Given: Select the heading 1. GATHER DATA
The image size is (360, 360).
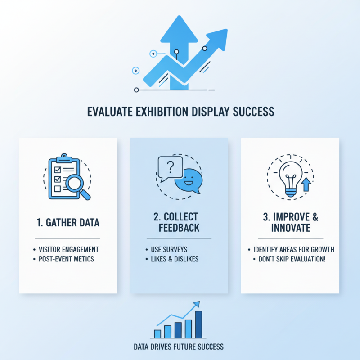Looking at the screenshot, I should pyautogui.click(x=67, y=222).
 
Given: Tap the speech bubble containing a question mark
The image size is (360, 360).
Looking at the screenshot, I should pyautogui.click(x=170, y=167).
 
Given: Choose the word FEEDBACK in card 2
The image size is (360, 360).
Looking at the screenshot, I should pyautogui.click(x=179, y=228).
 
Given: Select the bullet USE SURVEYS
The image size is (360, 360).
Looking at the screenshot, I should pyautogui.click(x=166, y=249).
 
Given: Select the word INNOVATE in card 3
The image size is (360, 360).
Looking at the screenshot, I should pyautogui.click(x=291, y=228).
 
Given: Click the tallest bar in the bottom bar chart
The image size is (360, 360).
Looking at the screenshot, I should pyautogui.click(x=198, y=324).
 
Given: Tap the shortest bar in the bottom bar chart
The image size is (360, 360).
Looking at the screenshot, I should pyautogui.click(x=157, y=333).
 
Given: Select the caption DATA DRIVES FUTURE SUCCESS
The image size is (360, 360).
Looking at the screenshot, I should pyautogui.click(x=179, y=347).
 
